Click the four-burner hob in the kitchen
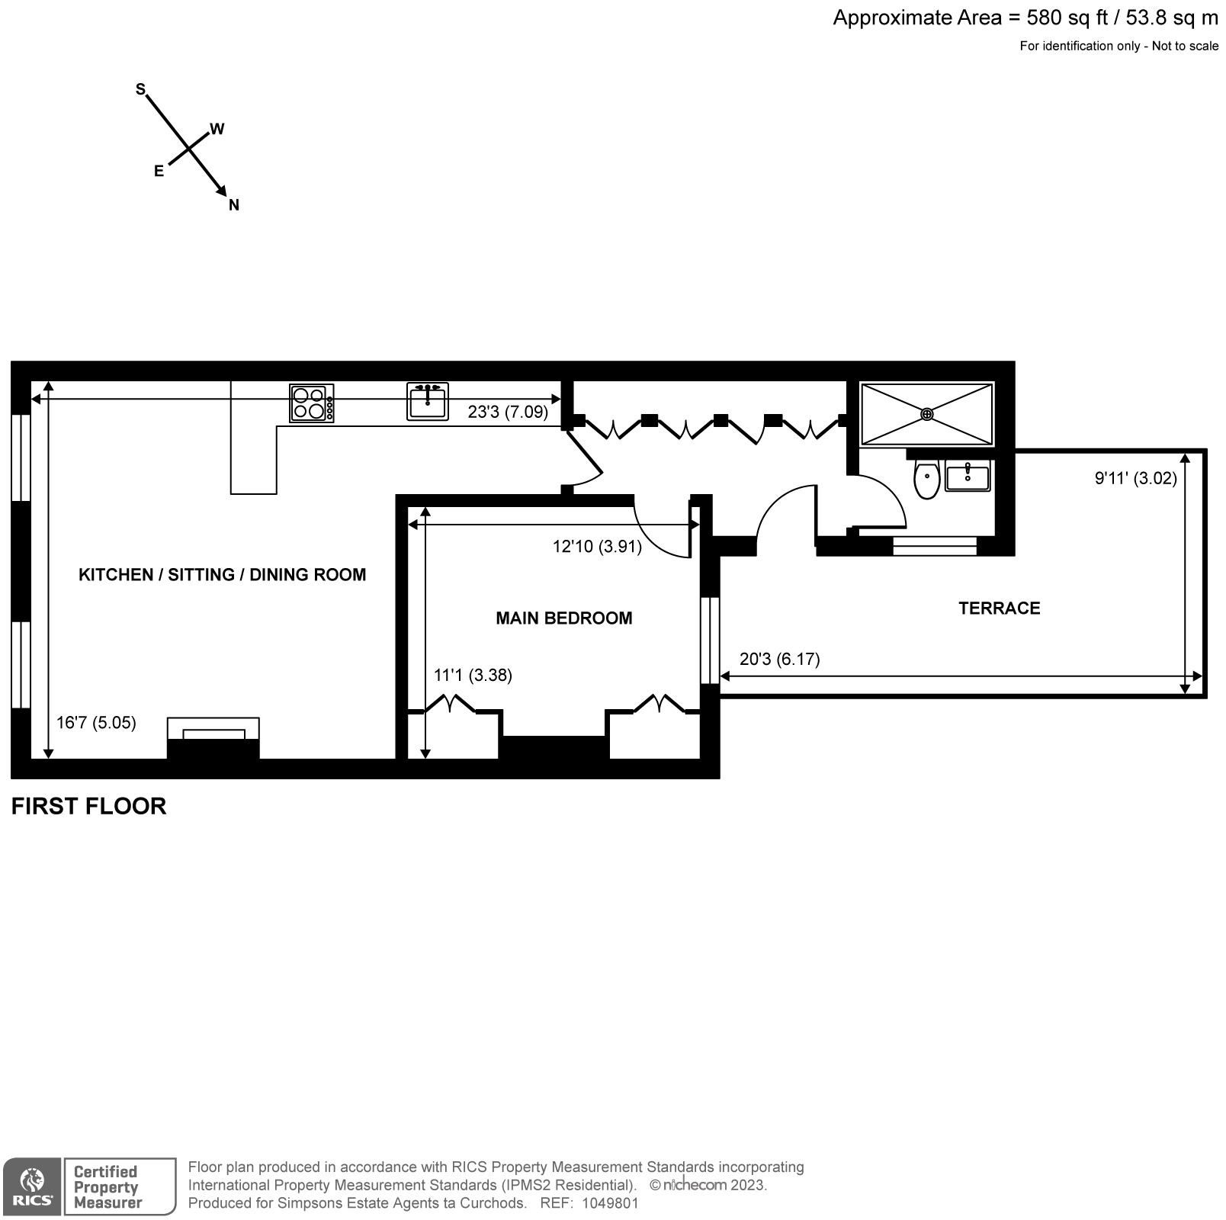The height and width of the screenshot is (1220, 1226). [311, 403]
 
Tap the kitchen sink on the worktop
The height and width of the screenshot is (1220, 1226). [427, 401]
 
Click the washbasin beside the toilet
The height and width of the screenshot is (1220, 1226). [967, 477]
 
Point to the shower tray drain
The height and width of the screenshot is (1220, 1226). [926, 414]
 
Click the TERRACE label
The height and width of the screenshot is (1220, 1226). [999, 608]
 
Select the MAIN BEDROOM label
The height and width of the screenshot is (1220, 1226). [563, 618]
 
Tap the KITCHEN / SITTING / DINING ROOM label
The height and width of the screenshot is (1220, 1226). [222, 575]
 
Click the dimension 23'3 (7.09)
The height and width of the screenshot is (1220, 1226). [508, 413]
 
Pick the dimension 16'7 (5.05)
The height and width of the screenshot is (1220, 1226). [96, 722]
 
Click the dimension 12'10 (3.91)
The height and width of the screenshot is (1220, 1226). [597, 547]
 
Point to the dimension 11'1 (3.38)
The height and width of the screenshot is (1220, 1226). [473, 676]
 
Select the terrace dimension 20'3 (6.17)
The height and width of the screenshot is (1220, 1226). [779, 659]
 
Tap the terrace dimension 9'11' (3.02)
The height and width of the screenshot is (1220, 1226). [1135, 479]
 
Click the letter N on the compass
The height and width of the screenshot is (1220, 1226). [234, 205]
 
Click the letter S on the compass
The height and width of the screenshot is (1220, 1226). [140, 89]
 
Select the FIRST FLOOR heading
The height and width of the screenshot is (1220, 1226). [88, 807]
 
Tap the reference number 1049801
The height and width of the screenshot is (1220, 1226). [610, 1204]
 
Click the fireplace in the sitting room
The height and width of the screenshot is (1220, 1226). [213, 738]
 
